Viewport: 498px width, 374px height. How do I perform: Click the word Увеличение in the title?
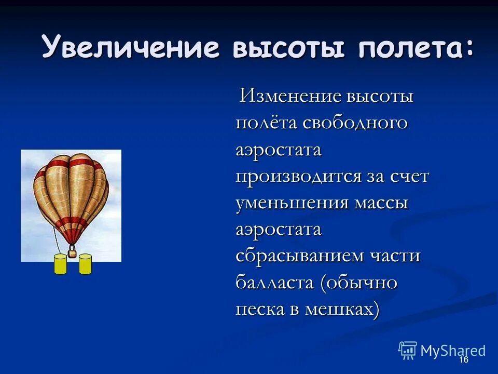point(130,48)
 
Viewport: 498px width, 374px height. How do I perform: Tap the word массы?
point(381,203)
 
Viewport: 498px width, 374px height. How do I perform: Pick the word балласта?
point(274,283)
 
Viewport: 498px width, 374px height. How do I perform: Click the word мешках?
point(344,310)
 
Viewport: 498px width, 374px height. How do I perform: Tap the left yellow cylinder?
point(61,264)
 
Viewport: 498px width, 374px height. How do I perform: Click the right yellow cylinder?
point(85,264)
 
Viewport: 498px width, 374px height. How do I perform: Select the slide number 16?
point(463,360)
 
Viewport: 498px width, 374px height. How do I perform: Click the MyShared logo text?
point(453,351)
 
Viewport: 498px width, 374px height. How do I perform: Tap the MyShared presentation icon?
point(408,351)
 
